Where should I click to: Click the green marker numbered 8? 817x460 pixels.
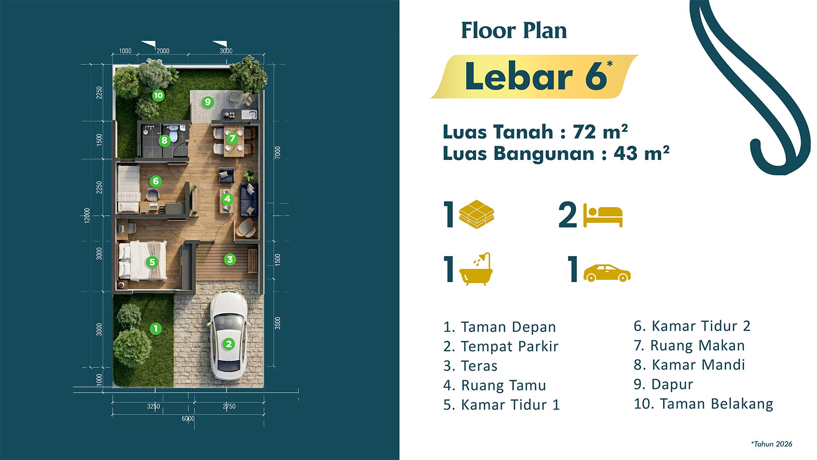coord(164,140)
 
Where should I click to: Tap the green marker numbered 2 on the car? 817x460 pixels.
coord(229,343)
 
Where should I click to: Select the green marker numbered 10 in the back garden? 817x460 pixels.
coord(158,96)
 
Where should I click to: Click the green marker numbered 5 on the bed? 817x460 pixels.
coord(152,262)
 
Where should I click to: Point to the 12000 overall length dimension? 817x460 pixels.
coord(87,215)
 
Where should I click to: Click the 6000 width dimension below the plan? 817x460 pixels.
coord(188,419)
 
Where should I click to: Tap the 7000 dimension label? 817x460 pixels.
coord(278,152)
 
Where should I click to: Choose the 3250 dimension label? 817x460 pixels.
coord(154,406)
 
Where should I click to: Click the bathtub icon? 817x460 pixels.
coord(475,269)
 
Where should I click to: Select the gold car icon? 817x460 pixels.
coord(607,273)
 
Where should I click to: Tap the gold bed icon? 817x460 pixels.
coord(603,215)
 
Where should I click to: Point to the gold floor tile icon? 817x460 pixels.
coord(476,214)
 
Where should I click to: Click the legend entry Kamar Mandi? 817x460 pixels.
coord(689,365)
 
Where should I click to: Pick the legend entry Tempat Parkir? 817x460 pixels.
coord(501,347)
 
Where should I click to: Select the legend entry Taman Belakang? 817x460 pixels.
coord(704,404)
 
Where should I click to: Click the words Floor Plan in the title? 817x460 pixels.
coord(514,30)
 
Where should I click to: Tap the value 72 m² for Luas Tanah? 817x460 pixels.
coord(600,132)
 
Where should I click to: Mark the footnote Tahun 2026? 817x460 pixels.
coord(772,444)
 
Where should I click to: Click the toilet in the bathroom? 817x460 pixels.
coord(173,133)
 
